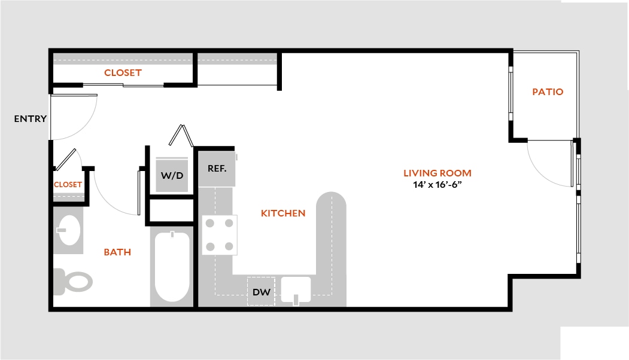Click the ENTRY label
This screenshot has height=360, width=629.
pos(31,118)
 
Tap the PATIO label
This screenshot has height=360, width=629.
pos(548,92)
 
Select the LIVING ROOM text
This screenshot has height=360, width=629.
pos(437,173)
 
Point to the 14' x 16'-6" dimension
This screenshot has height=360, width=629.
pos(437,185)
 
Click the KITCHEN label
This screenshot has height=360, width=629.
pos(283,213)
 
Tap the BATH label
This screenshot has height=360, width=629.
pos(117,252)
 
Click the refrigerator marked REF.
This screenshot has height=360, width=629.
pos(217,169)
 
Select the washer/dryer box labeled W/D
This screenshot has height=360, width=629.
pos(172,175)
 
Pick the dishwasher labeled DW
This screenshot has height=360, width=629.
pos(261,291)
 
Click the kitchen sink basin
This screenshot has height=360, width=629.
pos(296,289)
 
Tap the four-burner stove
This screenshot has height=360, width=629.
pos(220,235)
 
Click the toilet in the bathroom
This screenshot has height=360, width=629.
pos(73,282)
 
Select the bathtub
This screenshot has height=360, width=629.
pos(172,267)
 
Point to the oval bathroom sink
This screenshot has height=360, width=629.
pos(69,230)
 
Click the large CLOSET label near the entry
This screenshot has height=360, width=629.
pos(123,72)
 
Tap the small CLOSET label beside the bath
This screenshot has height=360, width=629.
pos(68,184)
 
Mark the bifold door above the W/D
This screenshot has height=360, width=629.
pos(181,136)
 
